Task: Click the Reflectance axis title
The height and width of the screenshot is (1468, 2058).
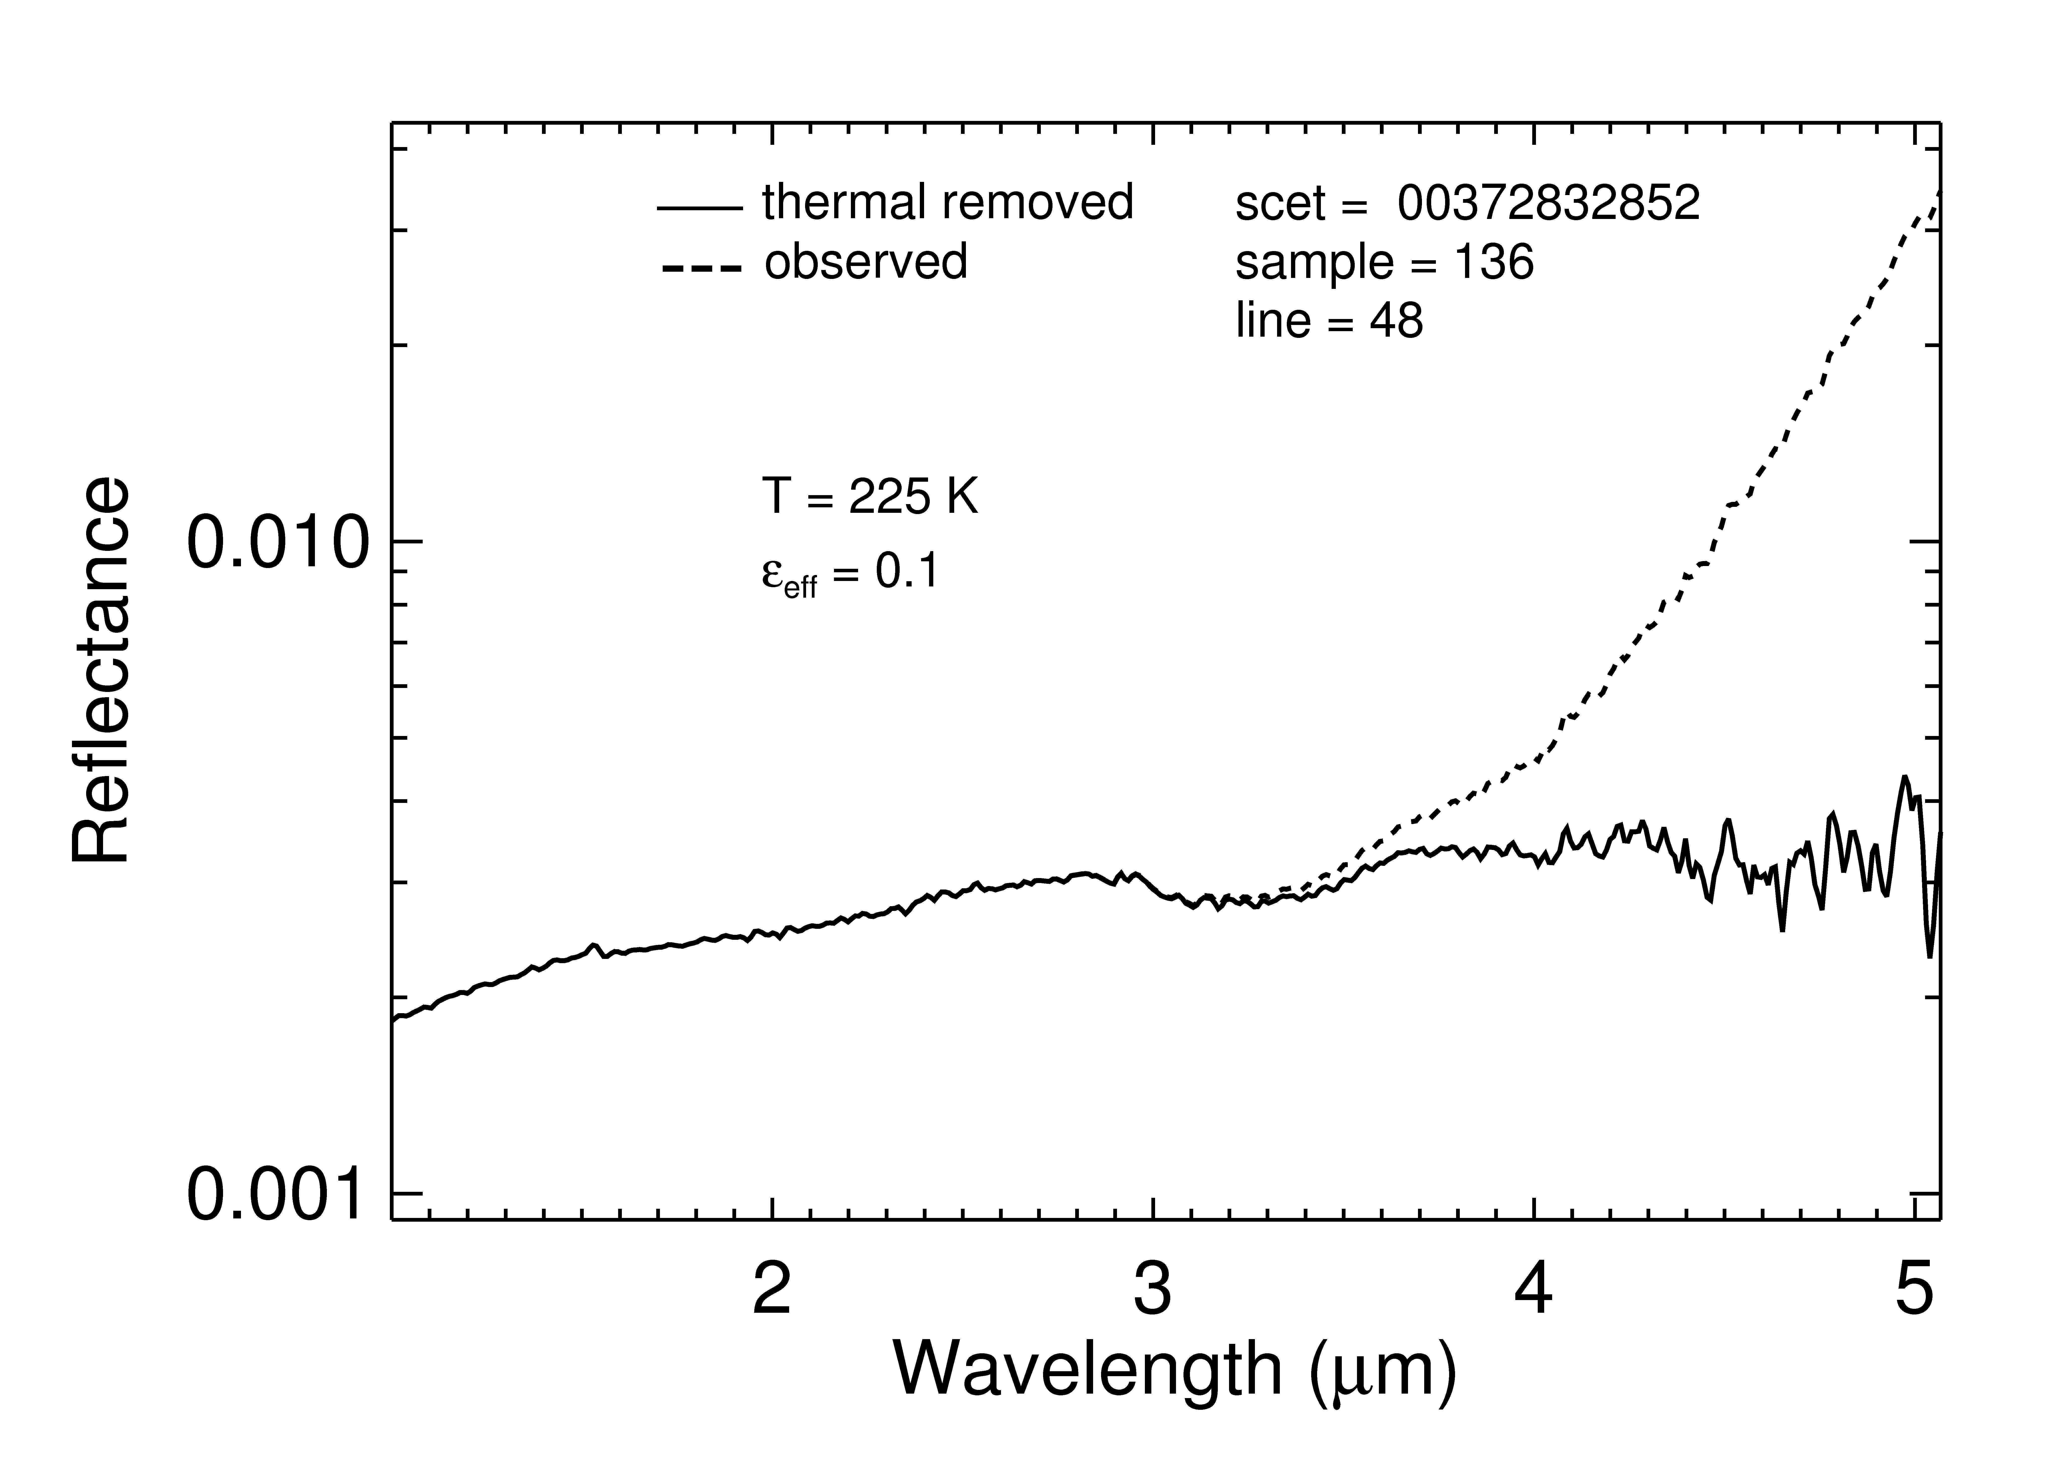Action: (x=101, y=671)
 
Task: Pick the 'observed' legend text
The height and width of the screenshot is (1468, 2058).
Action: (x=866, y=261)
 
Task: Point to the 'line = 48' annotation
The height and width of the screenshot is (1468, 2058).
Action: (x=1329, y=321)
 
